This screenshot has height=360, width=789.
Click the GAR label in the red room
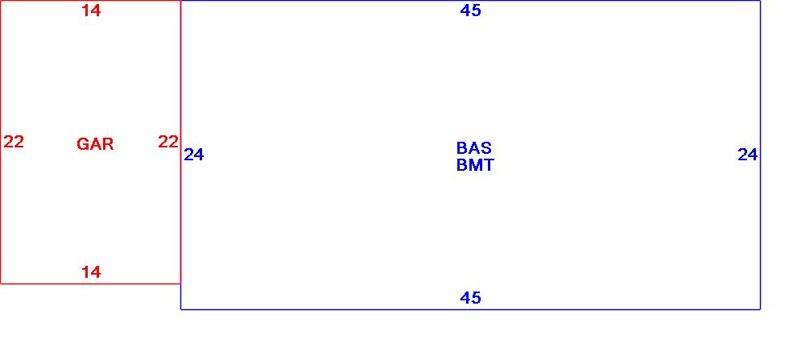(x=95, y=145)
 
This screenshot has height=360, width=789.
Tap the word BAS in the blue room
(x=473, y=148)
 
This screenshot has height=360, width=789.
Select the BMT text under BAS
(x=475, y=166)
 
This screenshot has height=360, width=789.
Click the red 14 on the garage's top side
(x=91, y=11)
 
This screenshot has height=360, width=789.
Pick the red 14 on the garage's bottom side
(x=91, y=272)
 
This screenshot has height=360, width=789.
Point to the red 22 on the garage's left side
(x=14, y=143)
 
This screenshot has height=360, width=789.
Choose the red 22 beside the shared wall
(x=167, y=143)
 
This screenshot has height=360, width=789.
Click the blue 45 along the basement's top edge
(x=470, y=10)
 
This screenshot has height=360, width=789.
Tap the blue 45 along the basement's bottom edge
(x=470, y=298)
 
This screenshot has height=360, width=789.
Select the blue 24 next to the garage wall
(x=194, y=155)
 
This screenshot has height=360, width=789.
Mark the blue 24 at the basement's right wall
(x=748, y=155)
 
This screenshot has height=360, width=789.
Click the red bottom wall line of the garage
(x=48, y=283)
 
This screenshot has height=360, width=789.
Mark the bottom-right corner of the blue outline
(x=760, y=308)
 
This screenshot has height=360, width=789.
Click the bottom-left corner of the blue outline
(x=181, y=308)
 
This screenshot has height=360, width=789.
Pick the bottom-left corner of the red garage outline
(x=1, y=283)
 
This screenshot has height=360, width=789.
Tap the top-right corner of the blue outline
(x=760, y=1)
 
